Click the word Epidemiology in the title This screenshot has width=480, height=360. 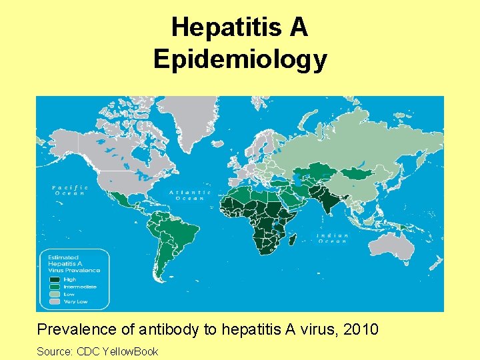point(240,59)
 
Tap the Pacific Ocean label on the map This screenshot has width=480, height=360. point(69,190)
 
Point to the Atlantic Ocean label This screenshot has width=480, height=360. point(190,195)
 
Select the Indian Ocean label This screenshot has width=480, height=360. point(331,238)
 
